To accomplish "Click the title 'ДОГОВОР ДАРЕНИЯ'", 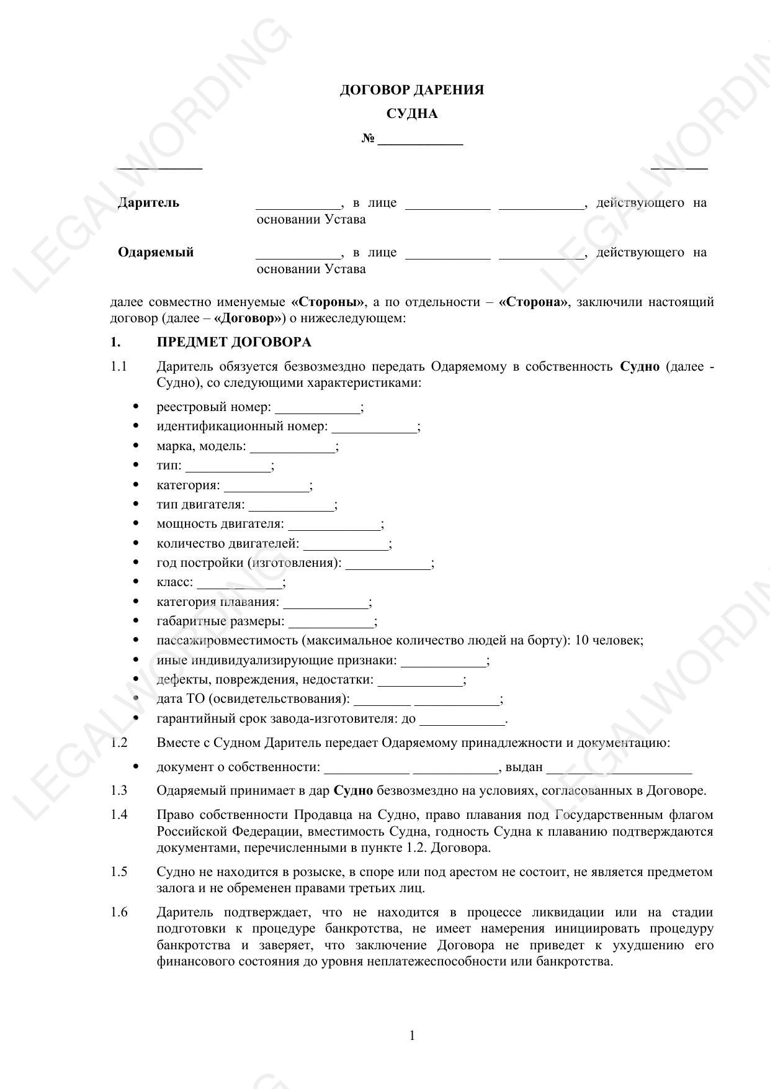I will coord(412,90).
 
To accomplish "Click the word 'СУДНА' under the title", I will coord(412,114).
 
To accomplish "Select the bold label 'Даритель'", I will coord(148,203).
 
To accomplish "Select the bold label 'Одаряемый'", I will coord(156,252).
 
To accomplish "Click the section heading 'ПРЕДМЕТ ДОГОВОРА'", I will coord(234,342).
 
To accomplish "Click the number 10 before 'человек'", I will coord(581,640).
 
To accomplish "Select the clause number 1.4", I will coord(119,815).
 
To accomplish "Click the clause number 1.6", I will coord(119,912).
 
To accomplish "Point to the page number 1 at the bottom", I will coord(413,1035).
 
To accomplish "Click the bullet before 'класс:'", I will coord(136,582).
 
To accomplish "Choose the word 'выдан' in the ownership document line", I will coord(524,767).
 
